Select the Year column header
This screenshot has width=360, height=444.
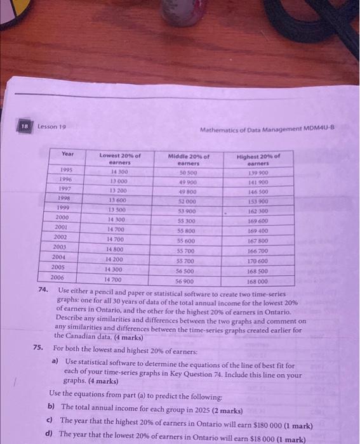[68, 154]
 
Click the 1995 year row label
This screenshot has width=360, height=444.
[65, 171]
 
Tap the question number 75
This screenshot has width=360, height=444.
[39, 348]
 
